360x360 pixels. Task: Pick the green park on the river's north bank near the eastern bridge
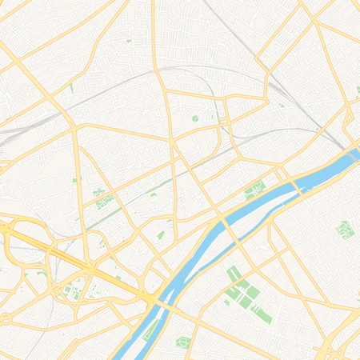pyautogui.click(x=255, y=190)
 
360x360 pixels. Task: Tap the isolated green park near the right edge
pyautogui.click(x=345, y=230)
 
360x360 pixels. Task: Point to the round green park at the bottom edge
pyautogui.click(x=183, y=342)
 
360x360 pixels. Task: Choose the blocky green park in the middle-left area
pyautogui.click(x=102, y=198)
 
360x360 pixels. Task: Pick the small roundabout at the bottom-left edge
pyautogui.click(x=6, y=318)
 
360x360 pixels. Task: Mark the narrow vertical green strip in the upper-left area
pyautogui.click(x=71, y=88)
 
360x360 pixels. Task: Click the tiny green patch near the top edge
pyautogui.click(x=128, y=40)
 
